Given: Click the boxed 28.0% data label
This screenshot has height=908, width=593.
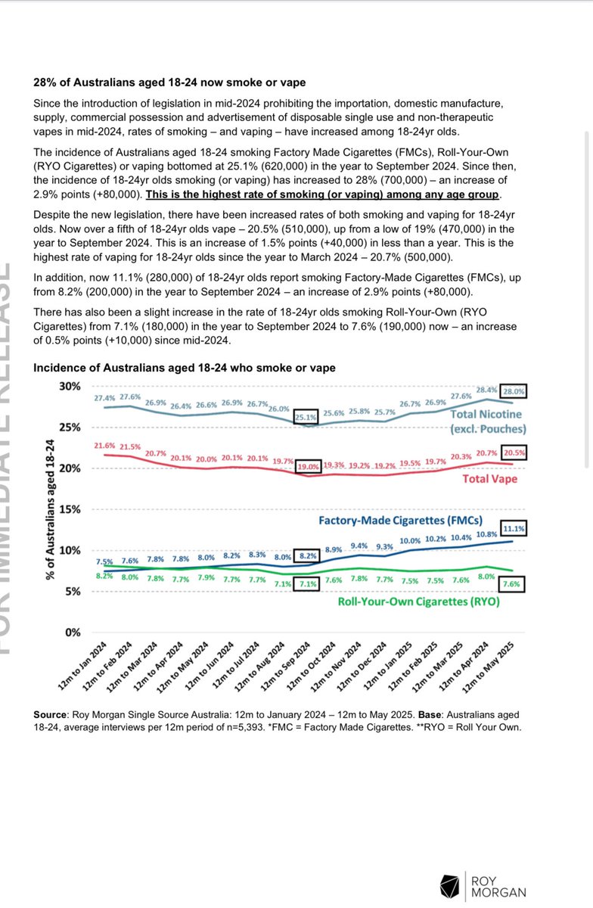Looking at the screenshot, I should click(514, 392).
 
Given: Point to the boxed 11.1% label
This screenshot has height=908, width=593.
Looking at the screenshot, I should click(514, 528).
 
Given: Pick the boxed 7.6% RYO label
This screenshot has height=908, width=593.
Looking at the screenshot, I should click(514, 583).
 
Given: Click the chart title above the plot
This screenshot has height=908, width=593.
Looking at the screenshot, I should click(185, 368).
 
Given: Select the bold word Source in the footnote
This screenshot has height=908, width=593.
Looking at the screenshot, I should click(51, 714).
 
